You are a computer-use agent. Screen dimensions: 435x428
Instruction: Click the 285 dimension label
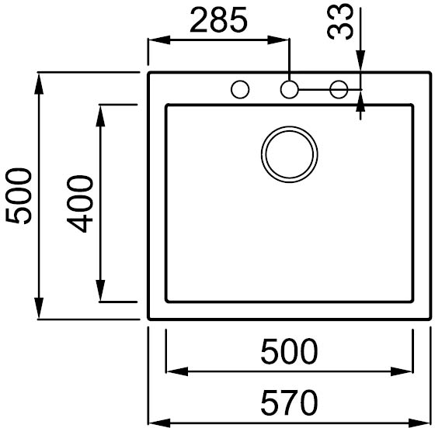(218, 19)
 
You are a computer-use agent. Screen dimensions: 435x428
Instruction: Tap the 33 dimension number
(340, 22)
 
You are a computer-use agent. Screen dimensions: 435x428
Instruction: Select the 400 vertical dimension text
(80, 203)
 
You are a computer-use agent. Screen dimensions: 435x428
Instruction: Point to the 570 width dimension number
(289, 402)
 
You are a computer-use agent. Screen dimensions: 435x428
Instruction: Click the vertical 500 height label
(19, 195)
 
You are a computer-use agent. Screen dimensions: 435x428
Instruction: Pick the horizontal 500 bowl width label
(289, 351)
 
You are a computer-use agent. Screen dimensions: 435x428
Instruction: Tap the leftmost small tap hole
(240, 81)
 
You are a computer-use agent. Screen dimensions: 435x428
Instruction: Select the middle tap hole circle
(289, 81)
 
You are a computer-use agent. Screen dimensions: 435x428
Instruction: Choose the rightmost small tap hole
(339, 81)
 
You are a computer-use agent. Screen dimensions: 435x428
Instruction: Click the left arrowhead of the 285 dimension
(159, 40)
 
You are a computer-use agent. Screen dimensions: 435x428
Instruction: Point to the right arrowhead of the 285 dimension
(278, 40)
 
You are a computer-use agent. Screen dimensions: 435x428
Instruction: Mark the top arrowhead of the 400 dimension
(100, 116)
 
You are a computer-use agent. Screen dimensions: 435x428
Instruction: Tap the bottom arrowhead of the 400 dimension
(100, 291)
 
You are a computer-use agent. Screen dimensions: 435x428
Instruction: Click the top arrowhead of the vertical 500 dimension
(39, 84)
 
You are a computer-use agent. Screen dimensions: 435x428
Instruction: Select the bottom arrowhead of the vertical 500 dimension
(39, 308)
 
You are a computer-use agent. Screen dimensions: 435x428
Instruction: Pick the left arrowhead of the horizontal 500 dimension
(177, 371)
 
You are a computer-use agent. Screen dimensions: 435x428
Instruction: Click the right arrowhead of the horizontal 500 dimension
(402, 371)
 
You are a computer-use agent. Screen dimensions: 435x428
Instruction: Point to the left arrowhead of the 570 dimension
(159, 423)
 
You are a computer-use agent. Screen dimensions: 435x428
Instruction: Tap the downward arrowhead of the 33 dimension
(360, 61)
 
